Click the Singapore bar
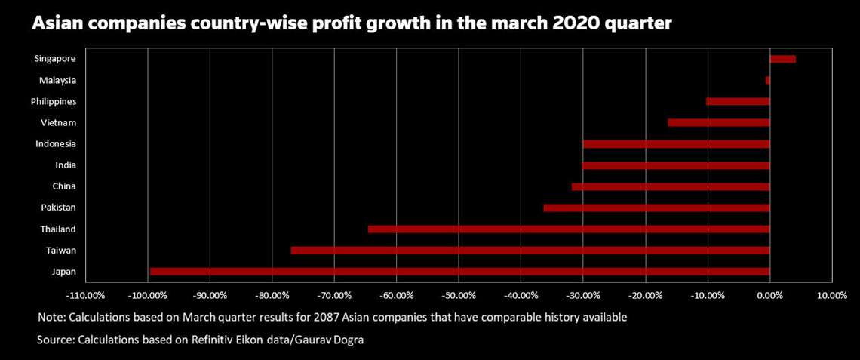click(x=782, y=59)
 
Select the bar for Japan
click(x=460, y=271)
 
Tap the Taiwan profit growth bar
click(x=530, y=250)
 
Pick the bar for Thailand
click(x=569, y=229)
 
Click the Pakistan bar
click(x=656, y=208)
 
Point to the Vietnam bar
click(x=719, y=122)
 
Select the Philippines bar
click(x=738, y=101)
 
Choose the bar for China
click(x=671, y=186)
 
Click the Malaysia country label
click(x=57, y=80)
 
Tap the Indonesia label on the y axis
click(x=55, y=143)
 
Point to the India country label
click(x=65, y=165)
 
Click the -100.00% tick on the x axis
click(x=148, y=296)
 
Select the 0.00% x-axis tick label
click(x=769, y=296)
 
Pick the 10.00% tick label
click(x=831, y=296)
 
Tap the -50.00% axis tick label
click(x=459, y=296)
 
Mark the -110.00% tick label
click(x=86, y=296)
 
